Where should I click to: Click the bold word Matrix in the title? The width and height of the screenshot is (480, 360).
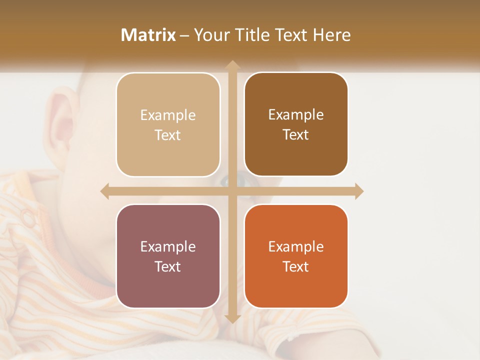(x=148, y=35)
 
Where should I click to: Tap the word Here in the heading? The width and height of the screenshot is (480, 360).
(x=332, y=35)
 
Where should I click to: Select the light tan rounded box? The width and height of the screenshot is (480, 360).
(x=168, y=125)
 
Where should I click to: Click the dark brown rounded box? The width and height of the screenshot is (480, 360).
(x=296, y=124)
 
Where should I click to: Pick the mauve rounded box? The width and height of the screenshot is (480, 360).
(x=168, y=256)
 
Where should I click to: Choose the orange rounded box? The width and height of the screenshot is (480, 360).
(x=296, y=256)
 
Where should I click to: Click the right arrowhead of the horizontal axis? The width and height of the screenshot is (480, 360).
(x=359, y=191)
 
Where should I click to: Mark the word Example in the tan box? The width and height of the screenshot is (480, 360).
(x=168, y=115)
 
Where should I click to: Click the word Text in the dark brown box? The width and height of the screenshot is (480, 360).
(x=296, y=134)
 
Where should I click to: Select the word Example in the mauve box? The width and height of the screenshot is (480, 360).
(x=168, y=246)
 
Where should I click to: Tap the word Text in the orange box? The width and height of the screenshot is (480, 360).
(x=296, y=266)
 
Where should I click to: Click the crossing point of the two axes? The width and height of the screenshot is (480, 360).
(x=232, y=191)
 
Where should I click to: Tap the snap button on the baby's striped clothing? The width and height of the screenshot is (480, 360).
(x=28, y=218)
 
